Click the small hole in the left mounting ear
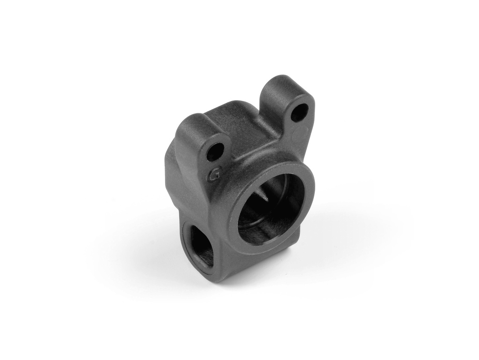click(x=215, y=151)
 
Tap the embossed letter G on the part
click(x=215, y=175)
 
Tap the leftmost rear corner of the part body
click(x=167, y=154)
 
